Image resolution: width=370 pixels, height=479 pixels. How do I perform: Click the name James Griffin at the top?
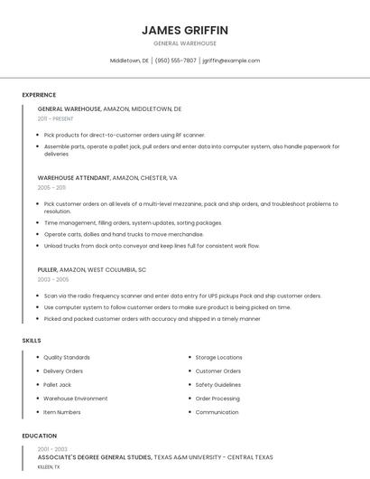tap(184, 30)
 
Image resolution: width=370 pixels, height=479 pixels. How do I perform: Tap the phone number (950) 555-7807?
tap(175, 61)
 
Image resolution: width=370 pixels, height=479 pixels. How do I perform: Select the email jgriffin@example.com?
tap(231, 61)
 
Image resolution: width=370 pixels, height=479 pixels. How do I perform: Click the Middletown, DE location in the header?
tap(129, 61)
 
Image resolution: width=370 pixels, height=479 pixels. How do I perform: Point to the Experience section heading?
tap(39, 95)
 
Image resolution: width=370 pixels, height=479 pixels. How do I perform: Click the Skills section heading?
tap(31, 340)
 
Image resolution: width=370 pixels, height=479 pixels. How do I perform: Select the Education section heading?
tap(39, 436)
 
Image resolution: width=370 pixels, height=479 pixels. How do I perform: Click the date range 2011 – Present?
tap(56, 118)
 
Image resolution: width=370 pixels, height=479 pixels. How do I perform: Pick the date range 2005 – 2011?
tap(51, 188)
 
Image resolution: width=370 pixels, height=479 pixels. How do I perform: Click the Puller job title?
tap(47, 269)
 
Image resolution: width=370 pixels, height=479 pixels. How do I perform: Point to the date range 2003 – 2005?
tap(52, 279)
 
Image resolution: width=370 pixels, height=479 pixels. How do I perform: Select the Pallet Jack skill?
tap(57, 384)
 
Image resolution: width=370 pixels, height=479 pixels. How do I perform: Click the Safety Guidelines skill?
tap(217, 384)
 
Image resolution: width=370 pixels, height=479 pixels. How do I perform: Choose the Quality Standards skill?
tap(67, 357)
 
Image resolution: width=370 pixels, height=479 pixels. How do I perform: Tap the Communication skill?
tap(217, 412)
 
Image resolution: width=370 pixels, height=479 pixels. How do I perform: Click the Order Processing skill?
tap(217, 398)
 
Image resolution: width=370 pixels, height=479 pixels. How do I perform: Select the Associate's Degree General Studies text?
tap(95, 458)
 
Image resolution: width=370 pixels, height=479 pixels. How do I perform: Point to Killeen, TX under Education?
tap(49, 467)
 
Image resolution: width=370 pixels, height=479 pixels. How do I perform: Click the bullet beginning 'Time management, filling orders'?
tap(133, 222)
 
